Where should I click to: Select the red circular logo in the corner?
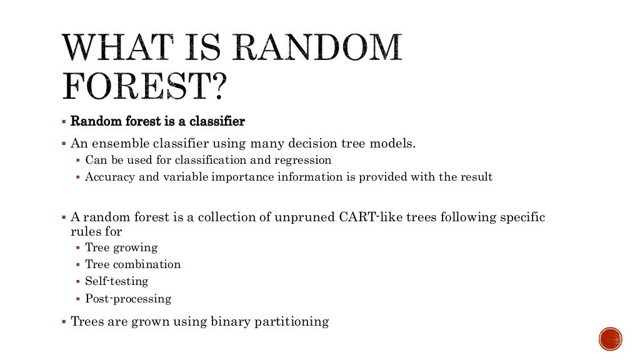[610, 339]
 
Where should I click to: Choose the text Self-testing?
[117, 281]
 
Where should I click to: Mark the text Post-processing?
[128, 298]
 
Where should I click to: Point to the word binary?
[228, 322]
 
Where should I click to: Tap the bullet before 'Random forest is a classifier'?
[64, 121]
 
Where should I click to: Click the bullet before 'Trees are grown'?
[64, 322]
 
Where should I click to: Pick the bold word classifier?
[217, 121]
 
